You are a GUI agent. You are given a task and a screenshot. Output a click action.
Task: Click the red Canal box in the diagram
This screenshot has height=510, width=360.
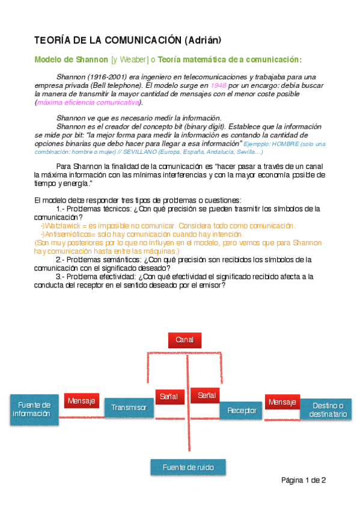click(185, 340)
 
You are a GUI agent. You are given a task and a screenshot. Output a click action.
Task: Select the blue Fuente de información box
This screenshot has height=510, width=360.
click(34, 410)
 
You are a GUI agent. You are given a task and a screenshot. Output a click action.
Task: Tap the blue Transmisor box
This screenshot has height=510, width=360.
click(129, 408)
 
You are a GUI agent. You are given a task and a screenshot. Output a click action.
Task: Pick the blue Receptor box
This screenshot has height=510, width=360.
click(242, 411)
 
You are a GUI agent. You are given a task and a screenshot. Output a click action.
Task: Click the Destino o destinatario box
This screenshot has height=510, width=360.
click(325, 410)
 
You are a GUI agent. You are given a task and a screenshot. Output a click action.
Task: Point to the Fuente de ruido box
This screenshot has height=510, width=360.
click(189, 467)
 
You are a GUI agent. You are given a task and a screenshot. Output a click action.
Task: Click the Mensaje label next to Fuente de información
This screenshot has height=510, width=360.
click(82, 401)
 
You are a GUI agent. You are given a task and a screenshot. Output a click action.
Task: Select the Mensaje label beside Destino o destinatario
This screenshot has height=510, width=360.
click(282, 402)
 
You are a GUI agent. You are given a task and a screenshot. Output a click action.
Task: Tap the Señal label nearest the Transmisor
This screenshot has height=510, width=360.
click(169, 396)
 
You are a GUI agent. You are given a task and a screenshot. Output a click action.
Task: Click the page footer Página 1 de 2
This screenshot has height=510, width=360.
click(304, 480)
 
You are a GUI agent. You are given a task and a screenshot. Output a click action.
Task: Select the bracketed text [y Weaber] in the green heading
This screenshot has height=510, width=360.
click(129, 60)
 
